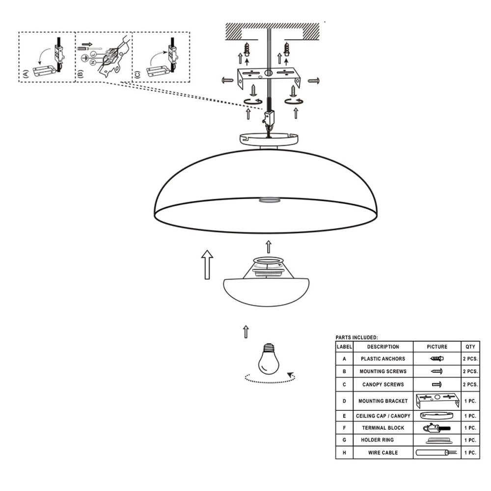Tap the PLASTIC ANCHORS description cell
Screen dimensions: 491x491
(383, 358)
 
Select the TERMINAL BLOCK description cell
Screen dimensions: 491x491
(383, 428)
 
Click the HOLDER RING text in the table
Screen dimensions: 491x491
(377, 440)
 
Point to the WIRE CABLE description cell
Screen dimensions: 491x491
(383, 453)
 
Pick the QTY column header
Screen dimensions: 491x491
(470, 347)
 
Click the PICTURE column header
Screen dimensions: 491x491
(437, 347)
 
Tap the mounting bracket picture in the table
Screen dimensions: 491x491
(437, 401)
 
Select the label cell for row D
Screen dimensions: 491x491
(344, 401)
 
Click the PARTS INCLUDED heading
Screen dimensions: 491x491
(356, 338)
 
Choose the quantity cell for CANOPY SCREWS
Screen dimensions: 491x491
(470, 384)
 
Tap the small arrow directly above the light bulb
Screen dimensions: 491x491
(246, 332)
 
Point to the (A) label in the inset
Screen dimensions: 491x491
(26, 74)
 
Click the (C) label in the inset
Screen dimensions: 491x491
(137, 74)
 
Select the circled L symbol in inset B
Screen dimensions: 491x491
(93, 55)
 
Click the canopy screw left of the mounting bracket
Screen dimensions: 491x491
(228, 81)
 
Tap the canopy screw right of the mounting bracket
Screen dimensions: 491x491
(314, 81)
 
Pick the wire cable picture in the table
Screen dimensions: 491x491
(436, 453)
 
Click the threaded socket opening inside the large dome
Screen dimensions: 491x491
(269, 200)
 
